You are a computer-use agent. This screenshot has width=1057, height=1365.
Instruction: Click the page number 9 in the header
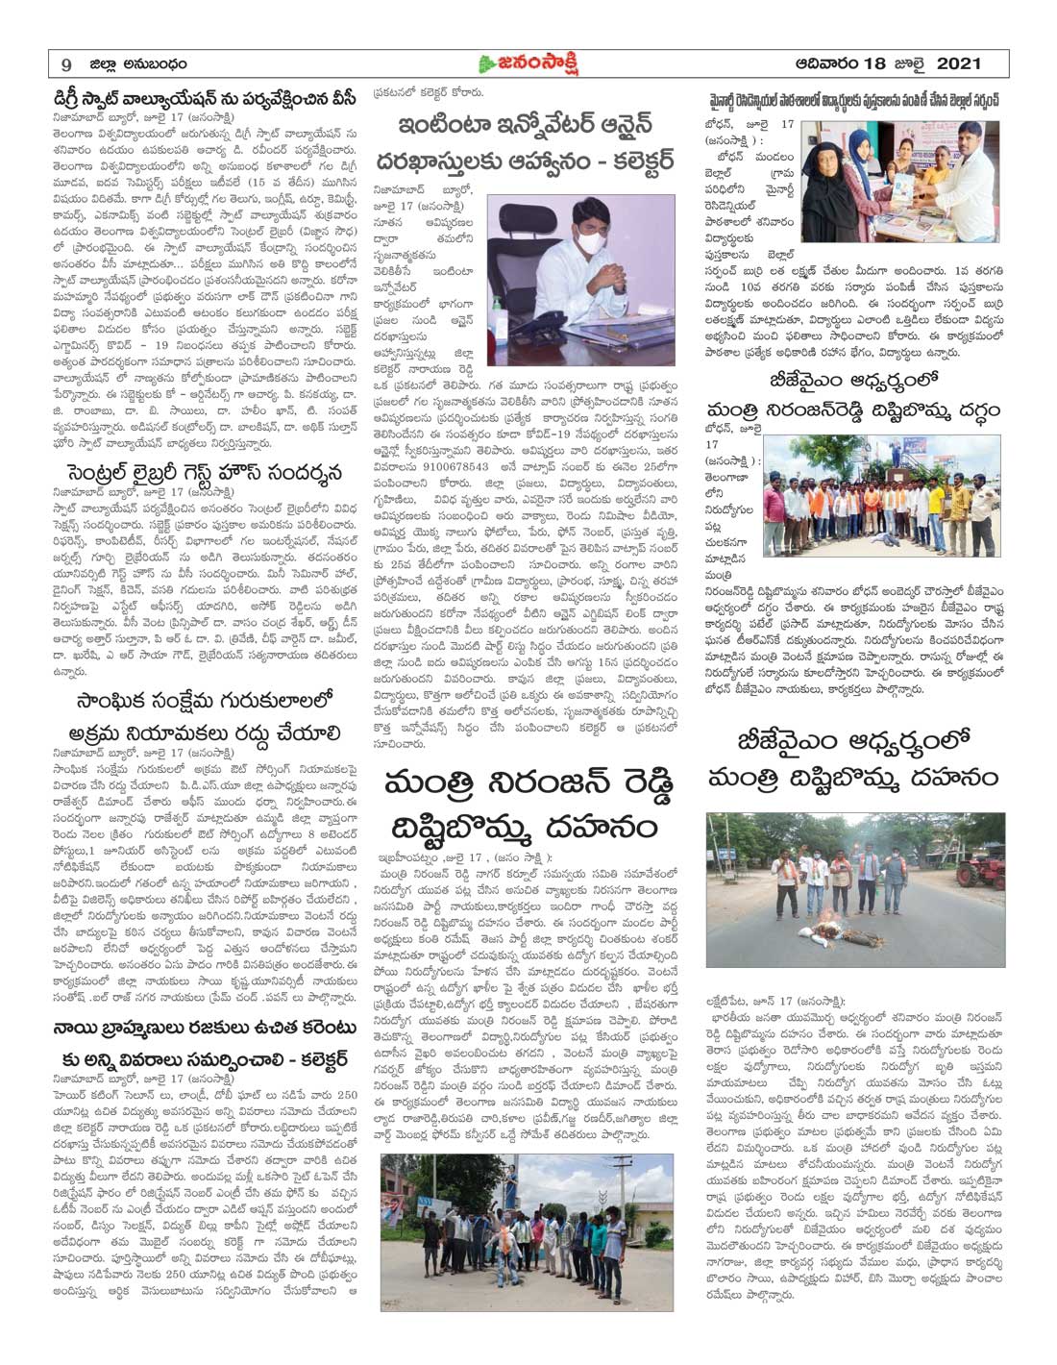[x=65, y=63]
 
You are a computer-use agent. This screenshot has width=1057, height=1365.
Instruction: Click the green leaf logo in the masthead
[x=487, y=62]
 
